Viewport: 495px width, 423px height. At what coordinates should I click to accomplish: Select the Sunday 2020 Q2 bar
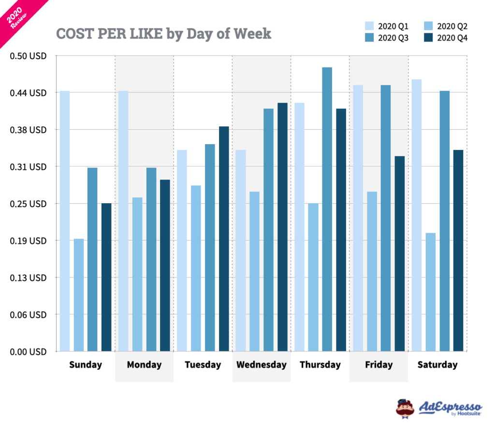click(x=79, y=295)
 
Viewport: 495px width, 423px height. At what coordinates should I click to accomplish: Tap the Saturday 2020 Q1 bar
click(x=417, y=215)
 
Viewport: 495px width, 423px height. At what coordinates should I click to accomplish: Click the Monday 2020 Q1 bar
click(x=123, y=221)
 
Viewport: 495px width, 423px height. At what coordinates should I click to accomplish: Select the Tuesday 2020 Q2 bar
click(x=196, y=268)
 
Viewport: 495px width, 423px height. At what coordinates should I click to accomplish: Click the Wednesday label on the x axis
click(x=262, y=365)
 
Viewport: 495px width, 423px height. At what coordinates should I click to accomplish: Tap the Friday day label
click(x=379, y=365)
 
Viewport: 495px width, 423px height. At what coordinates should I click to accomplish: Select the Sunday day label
click(x=86, y=365)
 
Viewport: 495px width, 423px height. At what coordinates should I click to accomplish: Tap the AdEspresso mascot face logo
click(x=405, y=408)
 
